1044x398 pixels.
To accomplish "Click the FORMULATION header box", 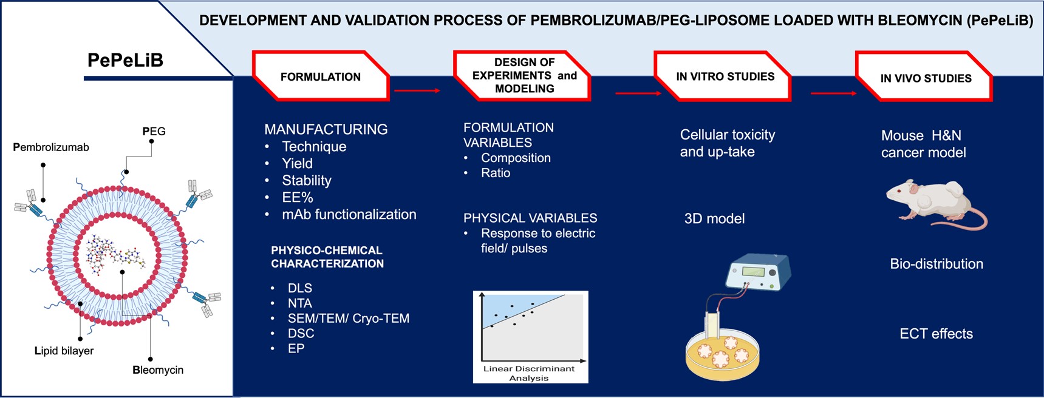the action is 321,76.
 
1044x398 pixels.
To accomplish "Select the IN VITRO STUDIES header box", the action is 723,76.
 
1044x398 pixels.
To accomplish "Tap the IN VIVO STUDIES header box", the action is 924,76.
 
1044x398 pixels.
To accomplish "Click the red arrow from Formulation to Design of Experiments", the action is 417,91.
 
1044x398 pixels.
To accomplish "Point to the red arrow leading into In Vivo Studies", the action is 833,93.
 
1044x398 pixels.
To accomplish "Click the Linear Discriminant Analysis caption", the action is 529,373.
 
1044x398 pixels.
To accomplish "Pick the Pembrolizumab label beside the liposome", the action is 51,147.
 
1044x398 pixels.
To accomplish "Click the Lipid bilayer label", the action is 64,351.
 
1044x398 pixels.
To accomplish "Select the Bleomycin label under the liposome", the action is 158,369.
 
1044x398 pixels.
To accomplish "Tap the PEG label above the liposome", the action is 154,131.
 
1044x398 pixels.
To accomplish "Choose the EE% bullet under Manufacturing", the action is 298,197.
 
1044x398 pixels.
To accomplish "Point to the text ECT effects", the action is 936,334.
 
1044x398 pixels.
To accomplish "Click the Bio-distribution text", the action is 937,264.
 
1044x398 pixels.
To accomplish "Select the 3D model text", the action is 714,218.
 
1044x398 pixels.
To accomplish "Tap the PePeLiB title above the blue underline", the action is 125,60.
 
